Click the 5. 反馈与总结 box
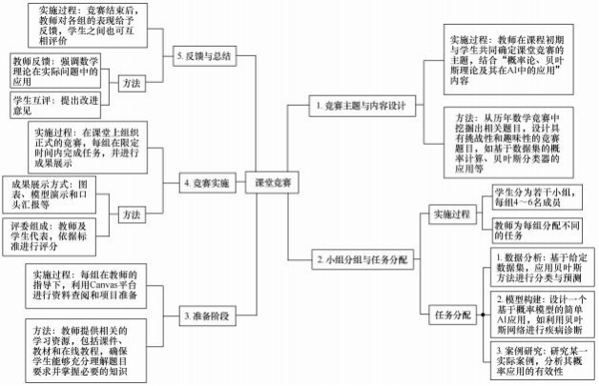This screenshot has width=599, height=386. coord(206,56)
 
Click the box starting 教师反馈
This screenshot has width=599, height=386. coord(58,70)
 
